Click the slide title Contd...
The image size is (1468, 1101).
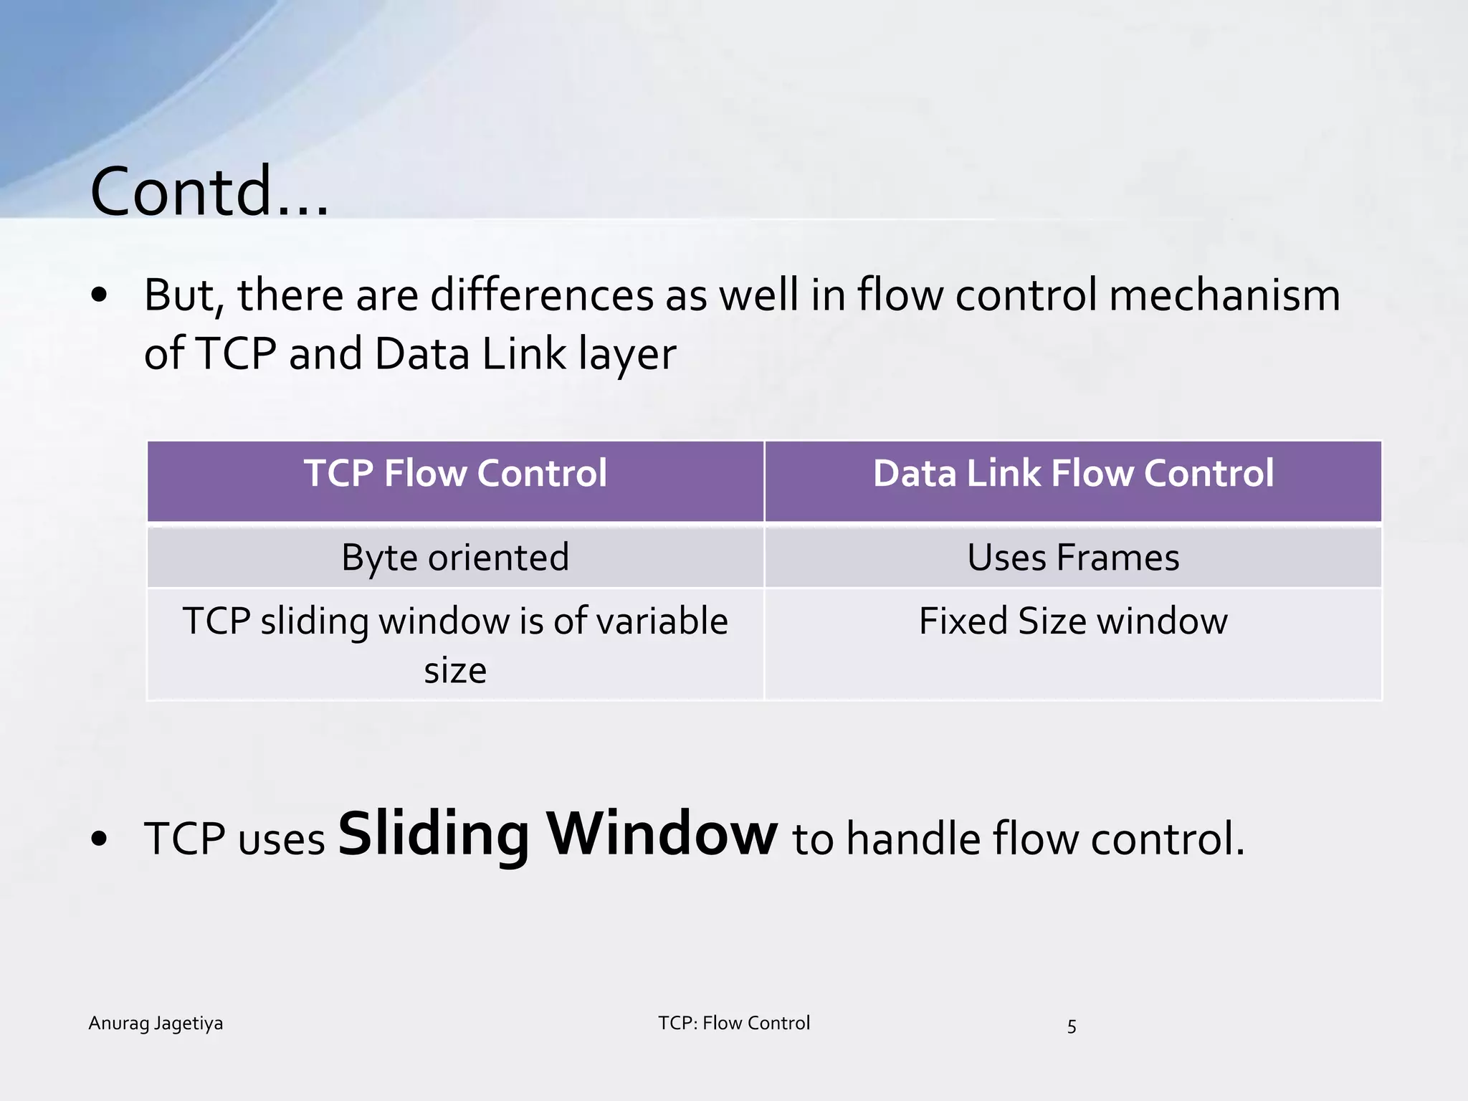pos(209,191)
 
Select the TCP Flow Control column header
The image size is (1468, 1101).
pos(455,474)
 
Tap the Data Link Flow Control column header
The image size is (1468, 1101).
pos(1073,474)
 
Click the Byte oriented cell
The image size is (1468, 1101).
pos(455,558)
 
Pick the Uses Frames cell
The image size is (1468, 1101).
pos(1073,558)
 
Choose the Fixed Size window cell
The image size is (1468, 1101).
pos(1073,621)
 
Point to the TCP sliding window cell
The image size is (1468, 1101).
pos(455,622)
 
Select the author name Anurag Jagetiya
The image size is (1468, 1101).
pos(156,1024)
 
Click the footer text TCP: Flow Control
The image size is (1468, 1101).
pos(734,1024)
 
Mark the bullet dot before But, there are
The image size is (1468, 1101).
pos(100,295)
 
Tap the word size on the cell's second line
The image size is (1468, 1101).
pos(455,672)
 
